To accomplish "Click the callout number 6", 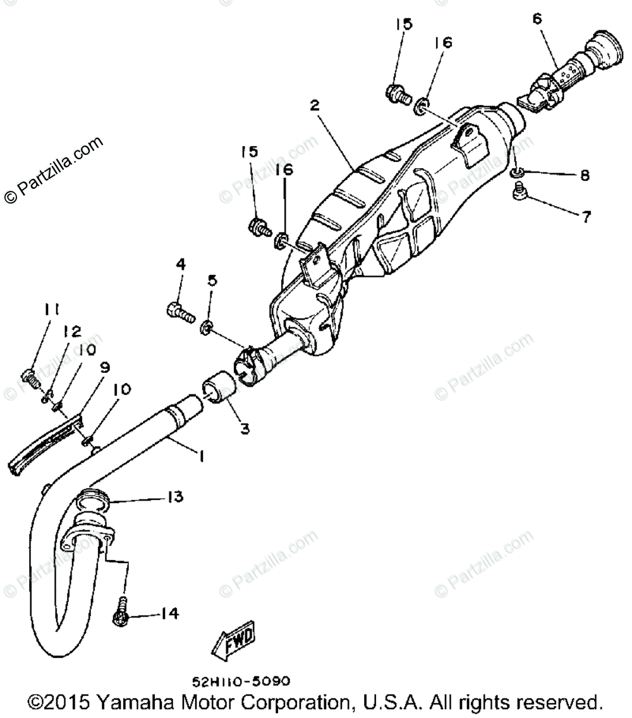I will [537, 19].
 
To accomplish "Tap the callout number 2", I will [314, 105].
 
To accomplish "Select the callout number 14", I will [169, 613].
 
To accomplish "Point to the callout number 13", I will [174, 497].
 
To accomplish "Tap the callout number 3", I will [244, 429].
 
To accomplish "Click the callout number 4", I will [180, 265].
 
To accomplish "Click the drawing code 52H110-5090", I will [241, 681].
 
